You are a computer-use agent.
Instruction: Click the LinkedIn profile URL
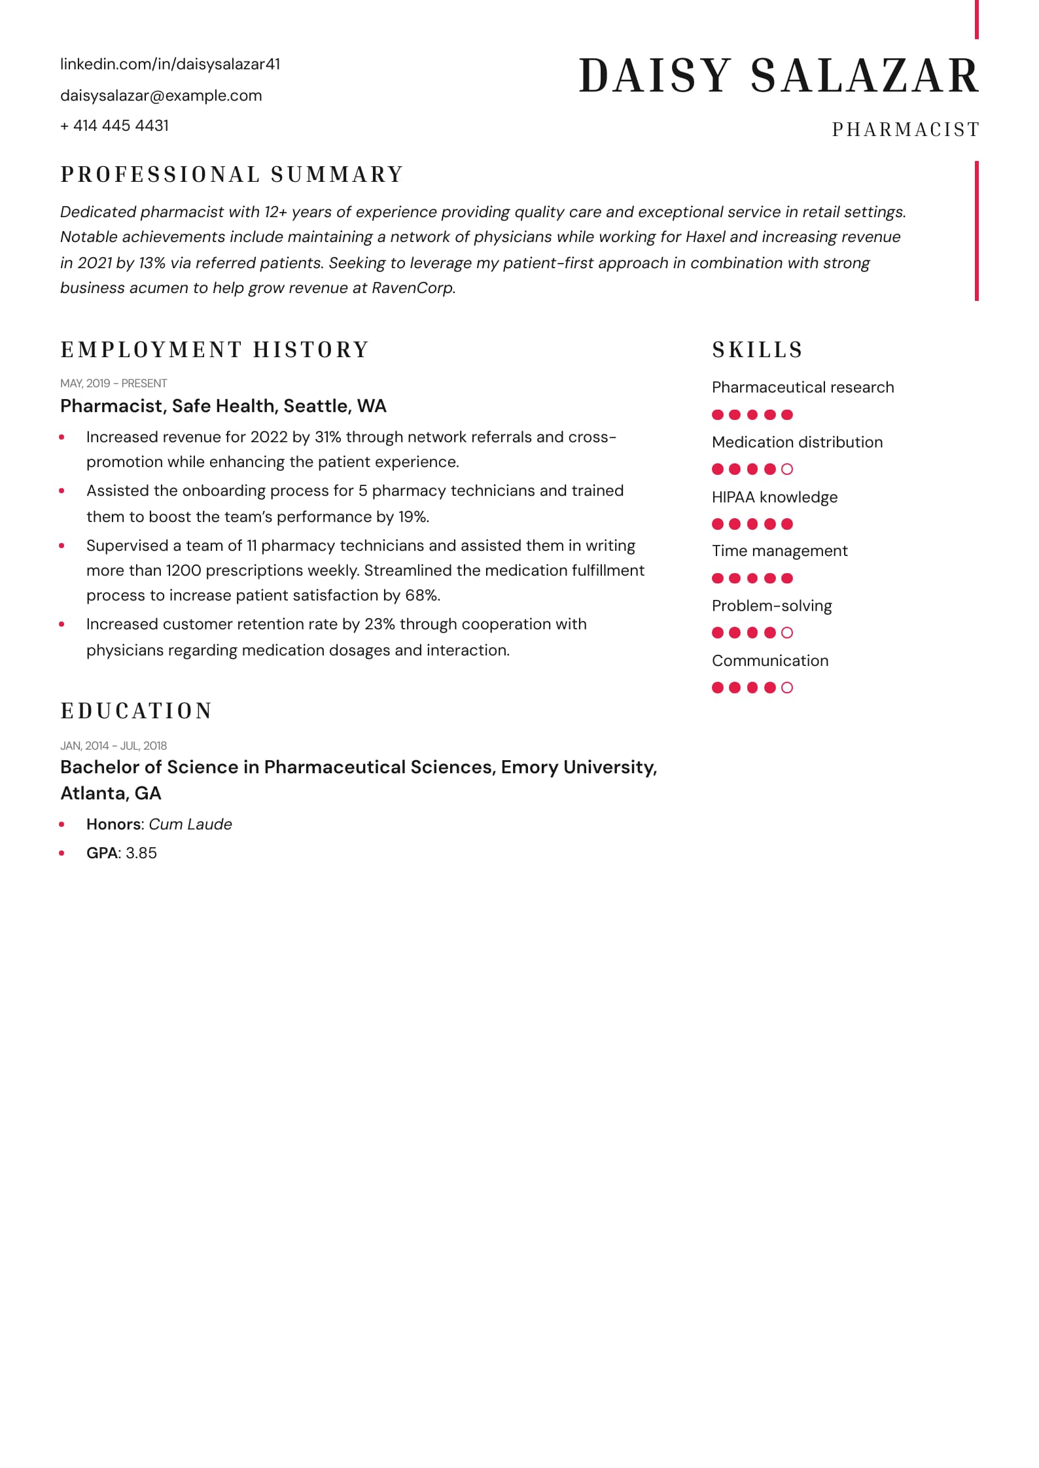(x=170, y=64)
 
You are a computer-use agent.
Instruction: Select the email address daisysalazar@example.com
(x=161, y=96)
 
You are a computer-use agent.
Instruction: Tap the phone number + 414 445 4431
(x=114, y=126)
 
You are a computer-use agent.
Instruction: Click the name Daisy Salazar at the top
(x=779, y=76)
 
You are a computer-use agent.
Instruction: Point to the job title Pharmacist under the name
(x=906, y=130)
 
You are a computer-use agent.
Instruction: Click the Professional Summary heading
(x=232, y=175)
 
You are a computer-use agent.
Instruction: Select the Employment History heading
(x=215, y=350)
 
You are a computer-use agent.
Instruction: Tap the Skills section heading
(x=757, y=350)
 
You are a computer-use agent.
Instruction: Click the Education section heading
(x=137, y=711)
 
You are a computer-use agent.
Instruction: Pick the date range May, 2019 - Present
(x=114, y=383)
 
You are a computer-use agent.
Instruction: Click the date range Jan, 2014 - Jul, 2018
(x=114, y=746)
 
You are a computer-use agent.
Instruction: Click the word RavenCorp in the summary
(x=412, y=288)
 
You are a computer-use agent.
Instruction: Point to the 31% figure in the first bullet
(x=328, y=437)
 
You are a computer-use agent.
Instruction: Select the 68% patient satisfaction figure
(x=421, y=595)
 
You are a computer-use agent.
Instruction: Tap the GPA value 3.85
(x=141, y=853)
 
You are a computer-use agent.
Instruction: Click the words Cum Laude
(x=190, y=824)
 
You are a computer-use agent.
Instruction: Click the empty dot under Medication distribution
(x=787, y=469)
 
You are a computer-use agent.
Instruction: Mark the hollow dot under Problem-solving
(x=787, y=633)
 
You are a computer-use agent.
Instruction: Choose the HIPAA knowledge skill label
(x=775, y=497)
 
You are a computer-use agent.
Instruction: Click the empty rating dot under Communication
(x=787, y=688)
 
